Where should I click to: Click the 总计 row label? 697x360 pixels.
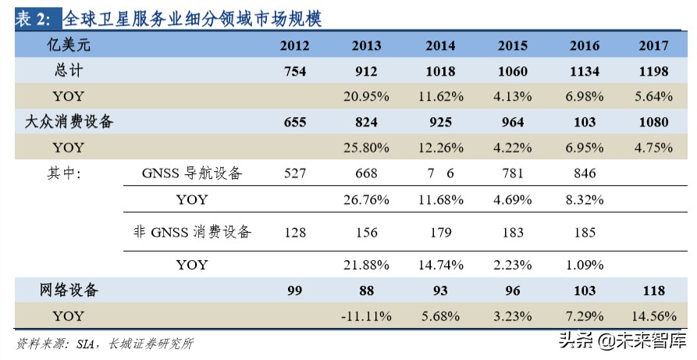(x=69, y=71)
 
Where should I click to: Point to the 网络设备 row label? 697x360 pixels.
(x=69, y=290)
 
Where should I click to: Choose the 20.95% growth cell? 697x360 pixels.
(x=366, y=97)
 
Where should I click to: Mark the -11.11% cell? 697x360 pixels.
(x=366, y=316)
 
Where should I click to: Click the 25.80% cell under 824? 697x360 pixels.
(x=366, y=147)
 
